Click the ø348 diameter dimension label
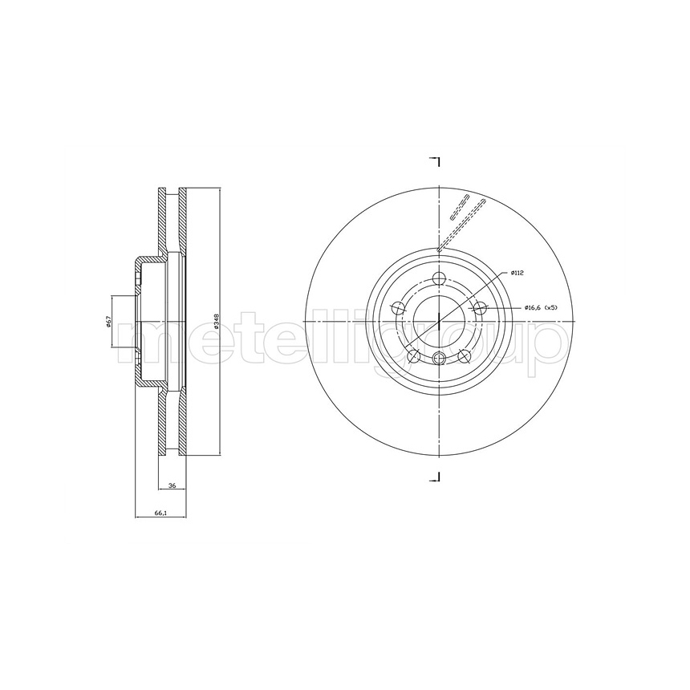216,322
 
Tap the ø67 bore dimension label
108,322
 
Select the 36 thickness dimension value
172,486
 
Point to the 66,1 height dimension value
160,512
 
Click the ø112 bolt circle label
517,274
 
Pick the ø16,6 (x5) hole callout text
541,307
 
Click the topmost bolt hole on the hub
439,278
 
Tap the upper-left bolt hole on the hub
399,308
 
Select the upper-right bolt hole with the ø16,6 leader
480,307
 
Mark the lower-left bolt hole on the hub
414,355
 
